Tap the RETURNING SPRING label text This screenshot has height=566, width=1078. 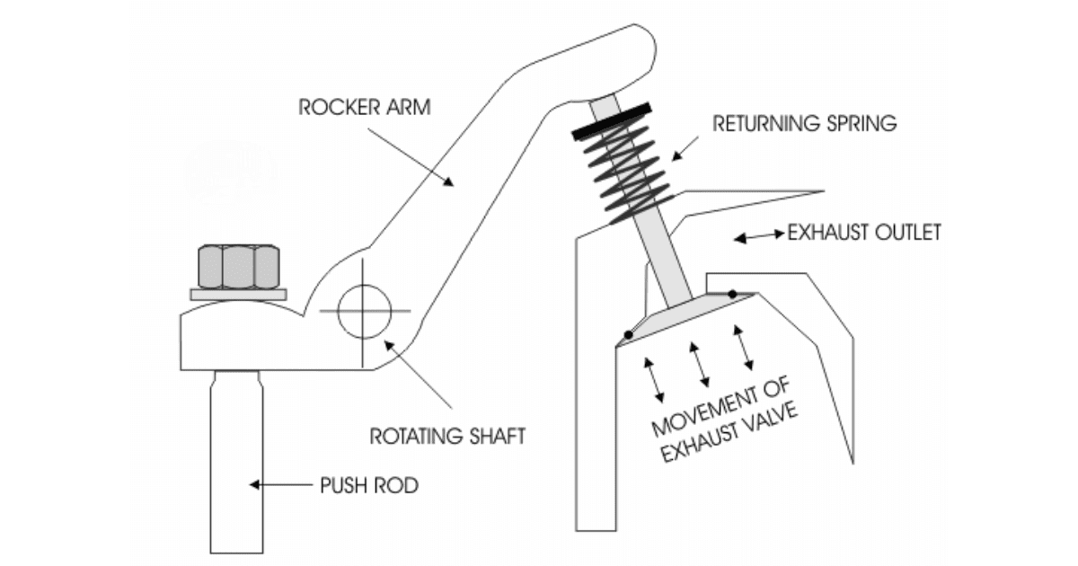pyautogui.click(x=805, y=124)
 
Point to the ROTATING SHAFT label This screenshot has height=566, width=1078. pyautogui.click(x=448, y=437)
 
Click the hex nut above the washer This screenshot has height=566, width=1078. pyautogui.click(x=238, y=264)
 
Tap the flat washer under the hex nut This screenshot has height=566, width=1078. pyautogui.click(x=238, y=293)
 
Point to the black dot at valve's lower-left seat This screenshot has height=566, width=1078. pyautogui.click(x=628, y=335)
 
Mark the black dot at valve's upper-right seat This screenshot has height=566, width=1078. pyautogui.click(x=734, y=294)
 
